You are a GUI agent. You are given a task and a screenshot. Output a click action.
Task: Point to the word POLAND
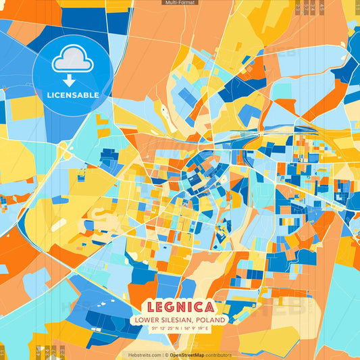212,319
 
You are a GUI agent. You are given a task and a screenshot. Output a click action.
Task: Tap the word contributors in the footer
219,355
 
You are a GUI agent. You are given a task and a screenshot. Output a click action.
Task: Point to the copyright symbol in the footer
166,355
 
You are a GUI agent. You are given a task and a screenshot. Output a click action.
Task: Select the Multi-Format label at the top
180,3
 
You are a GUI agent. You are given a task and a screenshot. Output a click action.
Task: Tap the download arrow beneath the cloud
70,80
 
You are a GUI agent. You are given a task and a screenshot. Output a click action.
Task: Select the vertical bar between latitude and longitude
180,329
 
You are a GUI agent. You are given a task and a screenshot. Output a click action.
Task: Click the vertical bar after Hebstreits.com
163,355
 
